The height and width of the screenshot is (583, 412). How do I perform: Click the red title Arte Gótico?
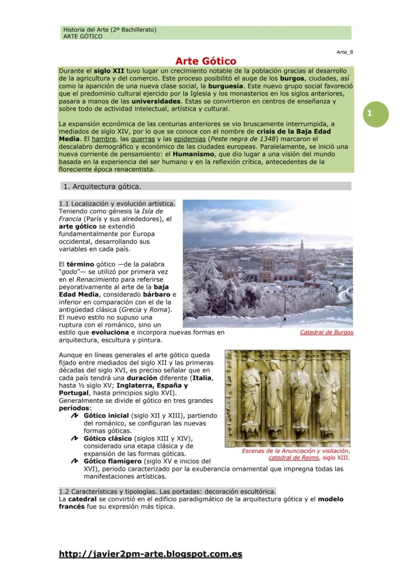pos(206,61)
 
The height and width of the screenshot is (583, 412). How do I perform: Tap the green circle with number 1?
pos(369,114)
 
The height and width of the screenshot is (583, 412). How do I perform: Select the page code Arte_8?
pos(344,52)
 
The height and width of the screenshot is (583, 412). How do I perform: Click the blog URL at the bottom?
pos(150,554)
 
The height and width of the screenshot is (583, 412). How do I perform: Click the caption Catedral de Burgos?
pos(326,332)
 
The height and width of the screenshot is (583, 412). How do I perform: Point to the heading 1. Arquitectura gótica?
pos(107,187)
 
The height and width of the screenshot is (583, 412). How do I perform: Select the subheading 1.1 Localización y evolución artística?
pos(117,204)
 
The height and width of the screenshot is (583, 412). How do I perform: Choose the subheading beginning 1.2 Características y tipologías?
pos(167,491)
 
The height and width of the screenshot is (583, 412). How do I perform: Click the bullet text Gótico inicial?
pos(106,415)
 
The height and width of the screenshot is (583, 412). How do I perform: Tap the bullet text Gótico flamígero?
pos(112,461)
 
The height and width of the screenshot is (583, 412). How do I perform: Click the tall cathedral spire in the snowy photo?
pos(302,254)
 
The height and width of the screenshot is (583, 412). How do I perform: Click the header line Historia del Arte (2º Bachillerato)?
pos(110,30)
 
